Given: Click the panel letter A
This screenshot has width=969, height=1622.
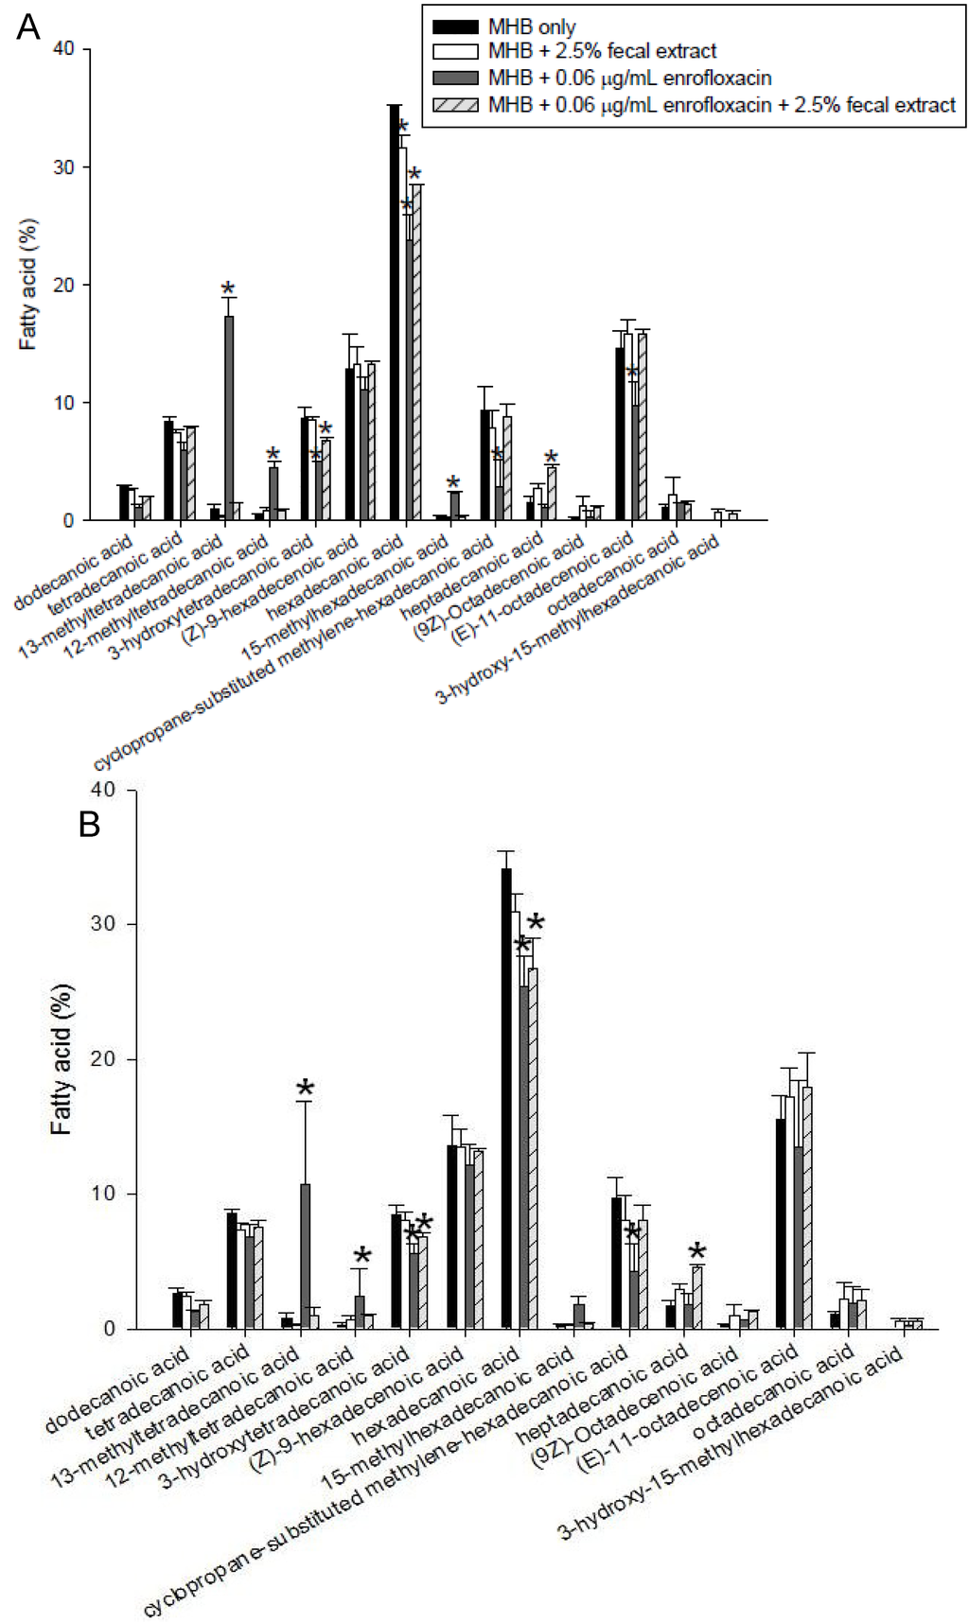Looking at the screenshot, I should coord(28,28).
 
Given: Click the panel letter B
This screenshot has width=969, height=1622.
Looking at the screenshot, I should coord(90,826).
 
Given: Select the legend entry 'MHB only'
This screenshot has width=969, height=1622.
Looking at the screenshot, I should coord(531,26).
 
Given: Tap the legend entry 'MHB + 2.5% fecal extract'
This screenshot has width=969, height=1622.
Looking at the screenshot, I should coord(602,52).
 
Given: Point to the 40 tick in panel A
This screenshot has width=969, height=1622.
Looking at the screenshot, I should coord(65,49).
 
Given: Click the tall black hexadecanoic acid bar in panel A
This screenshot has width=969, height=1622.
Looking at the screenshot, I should coord(395,312).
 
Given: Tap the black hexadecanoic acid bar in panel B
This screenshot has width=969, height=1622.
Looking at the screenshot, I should coord(506,1098).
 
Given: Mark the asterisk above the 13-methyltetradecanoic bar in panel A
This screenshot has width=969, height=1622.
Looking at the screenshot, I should coord(228,289).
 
